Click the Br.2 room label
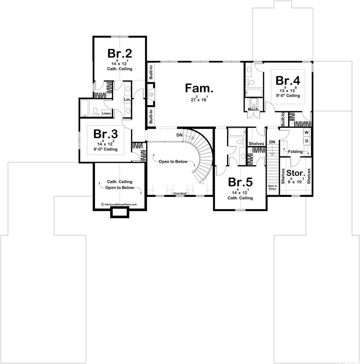(120, 53)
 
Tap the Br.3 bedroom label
(105, 134)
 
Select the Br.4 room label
(288, 80)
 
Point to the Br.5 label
(240, 182)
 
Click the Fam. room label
(199, 88)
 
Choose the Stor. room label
(296, 173)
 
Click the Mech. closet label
(254, 109)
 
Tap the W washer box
(307, 133)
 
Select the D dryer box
(307, 141)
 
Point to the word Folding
(295, 152)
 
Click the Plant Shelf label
(180, 193)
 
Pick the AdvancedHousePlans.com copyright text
(119, 205)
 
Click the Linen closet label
(106, 113)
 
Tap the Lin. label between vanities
(127, 99)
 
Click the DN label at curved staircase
(179, 135)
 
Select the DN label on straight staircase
(272, 142)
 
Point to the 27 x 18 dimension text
(199, 99)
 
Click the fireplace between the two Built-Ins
(151, 94)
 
